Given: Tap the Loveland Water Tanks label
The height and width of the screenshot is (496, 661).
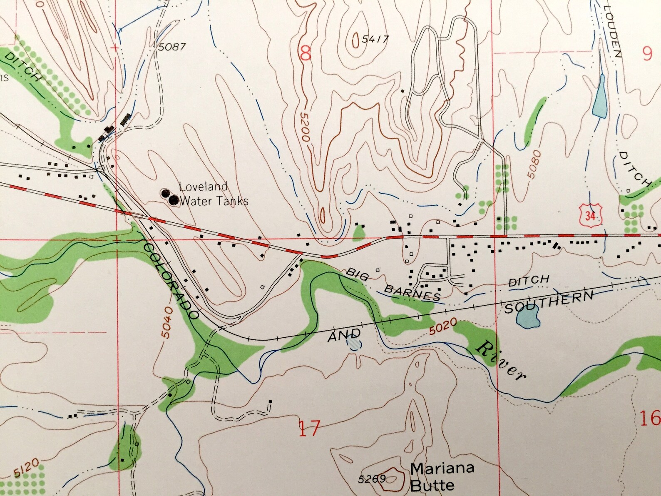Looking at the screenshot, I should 213,194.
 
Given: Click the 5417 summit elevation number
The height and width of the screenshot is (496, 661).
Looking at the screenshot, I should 375,40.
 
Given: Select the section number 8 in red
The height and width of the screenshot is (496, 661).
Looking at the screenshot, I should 306,53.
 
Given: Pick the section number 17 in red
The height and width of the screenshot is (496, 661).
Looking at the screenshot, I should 310,428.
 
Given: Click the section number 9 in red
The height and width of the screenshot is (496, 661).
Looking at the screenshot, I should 647,54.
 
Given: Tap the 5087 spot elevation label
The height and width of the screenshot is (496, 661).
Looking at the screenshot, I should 171,47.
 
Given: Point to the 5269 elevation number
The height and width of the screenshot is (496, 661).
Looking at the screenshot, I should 372,479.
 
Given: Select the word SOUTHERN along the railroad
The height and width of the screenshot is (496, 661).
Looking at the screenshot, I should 549,303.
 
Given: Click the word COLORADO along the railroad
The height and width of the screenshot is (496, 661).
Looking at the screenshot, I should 171,281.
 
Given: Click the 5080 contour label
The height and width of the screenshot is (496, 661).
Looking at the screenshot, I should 534,165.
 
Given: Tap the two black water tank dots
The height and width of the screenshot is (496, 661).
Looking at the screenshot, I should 169,197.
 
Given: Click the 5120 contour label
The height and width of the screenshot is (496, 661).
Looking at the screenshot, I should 26,468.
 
